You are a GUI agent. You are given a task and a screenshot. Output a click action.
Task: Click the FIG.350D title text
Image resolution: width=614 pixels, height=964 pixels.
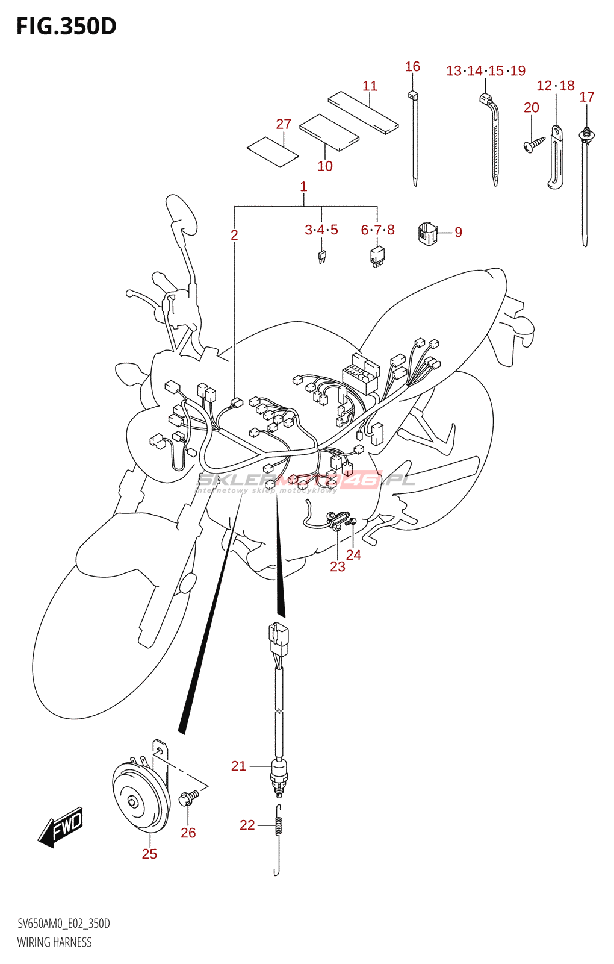pyautogui.click(x=66, y=27)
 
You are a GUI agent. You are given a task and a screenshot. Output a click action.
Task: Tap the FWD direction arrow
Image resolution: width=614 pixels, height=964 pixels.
pyautogui.click(x=61, y=826)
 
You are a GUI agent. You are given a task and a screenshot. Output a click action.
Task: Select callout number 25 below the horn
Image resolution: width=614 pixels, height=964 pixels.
pyautogui.click(x=149, y=854)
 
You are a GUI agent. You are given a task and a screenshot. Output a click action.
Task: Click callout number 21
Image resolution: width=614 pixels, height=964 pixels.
pyautogui.click(x=239, y=766)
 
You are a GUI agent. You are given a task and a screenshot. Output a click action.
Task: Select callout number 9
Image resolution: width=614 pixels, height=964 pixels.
pyautogui.click(x=459, y=232)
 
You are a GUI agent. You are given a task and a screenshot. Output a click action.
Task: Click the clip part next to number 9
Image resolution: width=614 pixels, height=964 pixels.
pyautogui.click(x=427, y=233)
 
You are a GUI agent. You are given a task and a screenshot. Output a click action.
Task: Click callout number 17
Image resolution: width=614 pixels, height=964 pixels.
pyautogui.click(x=587, y=97)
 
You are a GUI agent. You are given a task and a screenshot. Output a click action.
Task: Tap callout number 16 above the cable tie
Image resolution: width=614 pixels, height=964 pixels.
pyautogui.click(x=412, y=67)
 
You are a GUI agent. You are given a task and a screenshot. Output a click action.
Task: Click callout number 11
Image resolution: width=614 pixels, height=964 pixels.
pyautogui.click(x=370, y=86)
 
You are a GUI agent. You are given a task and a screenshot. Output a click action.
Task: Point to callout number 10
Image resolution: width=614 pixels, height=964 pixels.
pyautogui.click(x=325, y=166)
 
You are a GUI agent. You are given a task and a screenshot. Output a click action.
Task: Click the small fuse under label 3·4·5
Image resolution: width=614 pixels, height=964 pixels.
pyautogui.click(x=322, y=257)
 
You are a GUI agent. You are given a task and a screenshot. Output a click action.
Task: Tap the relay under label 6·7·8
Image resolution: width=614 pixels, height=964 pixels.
pyautogui.click(x=377, y=255)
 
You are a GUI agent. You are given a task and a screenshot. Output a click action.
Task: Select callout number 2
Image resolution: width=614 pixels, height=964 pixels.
pyautogui.click(x=234, y=235)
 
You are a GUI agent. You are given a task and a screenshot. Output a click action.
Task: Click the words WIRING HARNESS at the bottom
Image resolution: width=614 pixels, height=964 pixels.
pyautogui.click(x=55, y=942)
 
